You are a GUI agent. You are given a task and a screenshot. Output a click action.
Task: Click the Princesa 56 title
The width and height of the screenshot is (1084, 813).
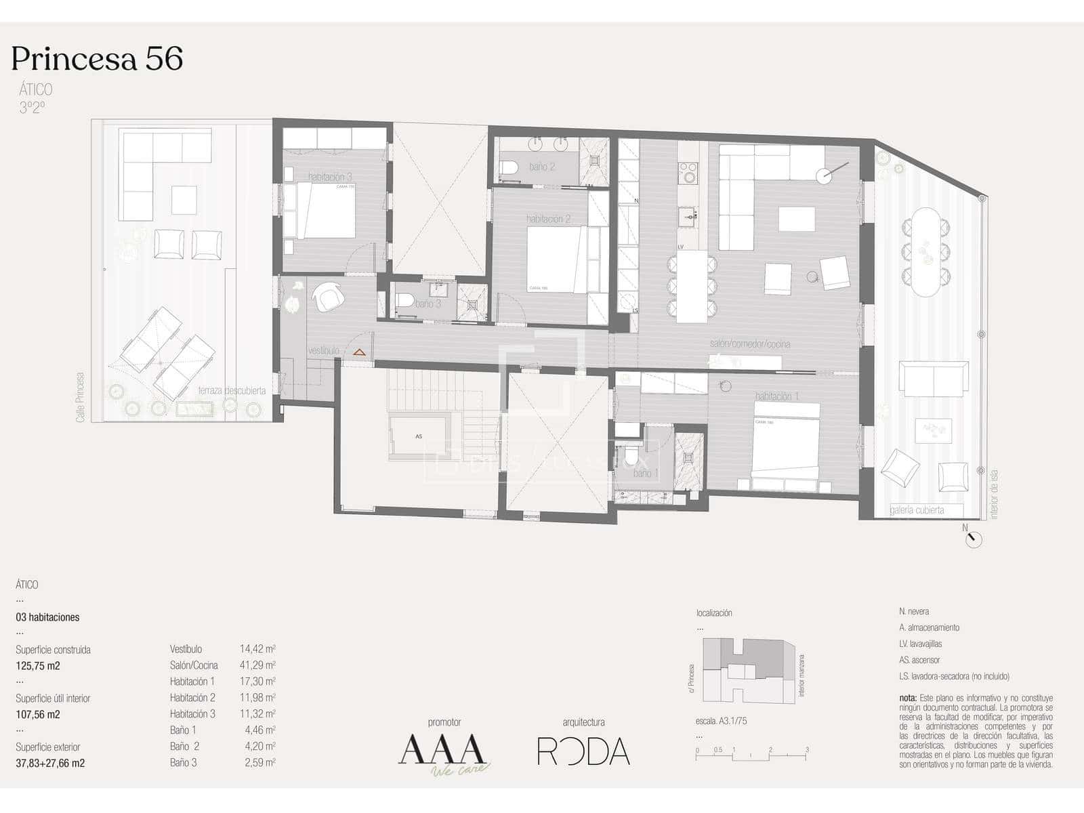tap(97, 59)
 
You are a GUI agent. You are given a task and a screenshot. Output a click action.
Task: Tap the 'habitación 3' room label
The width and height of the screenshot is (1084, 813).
tap(330, 177)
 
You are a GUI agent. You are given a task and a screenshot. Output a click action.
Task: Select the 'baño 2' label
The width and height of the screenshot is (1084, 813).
tap(542, 167)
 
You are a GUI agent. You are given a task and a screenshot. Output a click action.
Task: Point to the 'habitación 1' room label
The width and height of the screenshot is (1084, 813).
tap(777, 396)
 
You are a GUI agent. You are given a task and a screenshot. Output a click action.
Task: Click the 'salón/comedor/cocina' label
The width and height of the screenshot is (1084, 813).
tap(750, 344)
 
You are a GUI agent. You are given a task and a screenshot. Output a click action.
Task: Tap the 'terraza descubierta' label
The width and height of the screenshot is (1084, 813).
tap(232, 391)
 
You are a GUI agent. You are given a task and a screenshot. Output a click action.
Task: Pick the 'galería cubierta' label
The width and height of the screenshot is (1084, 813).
tap(917, 510)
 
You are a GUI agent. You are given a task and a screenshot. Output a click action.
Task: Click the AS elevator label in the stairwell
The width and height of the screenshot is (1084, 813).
tap(419, 436)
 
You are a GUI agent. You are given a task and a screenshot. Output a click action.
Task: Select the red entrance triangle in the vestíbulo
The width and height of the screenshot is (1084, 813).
tap(358, 353)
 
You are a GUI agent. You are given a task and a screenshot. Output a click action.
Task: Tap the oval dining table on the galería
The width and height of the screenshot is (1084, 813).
tap(925, 251)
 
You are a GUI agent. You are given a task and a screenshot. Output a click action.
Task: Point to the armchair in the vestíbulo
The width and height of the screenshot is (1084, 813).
tap(328, 296)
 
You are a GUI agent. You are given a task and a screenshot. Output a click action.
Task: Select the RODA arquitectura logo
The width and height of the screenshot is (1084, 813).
tap(583, 751)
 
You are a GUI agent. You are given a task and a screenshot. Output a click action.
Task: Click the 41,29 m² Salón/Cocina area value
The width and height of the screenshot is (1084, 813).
tap(257, 665)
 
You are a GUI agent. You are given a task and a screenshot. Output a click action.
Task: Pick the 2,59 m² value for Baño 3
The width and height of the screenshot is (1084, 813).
tap(259, 763)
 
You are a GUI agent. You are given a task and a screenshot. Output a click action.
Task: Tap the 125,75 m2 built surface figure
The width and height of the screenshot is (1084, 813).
tap(38, 666)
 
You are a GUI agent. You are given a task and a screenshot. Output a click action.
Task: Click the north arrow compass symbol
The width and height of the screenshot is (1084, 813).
tap(974, 539)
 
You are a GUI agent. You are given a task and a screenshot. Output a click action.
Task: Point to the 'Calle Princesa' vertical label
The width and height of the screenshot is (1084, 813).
tap(81, 397)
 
